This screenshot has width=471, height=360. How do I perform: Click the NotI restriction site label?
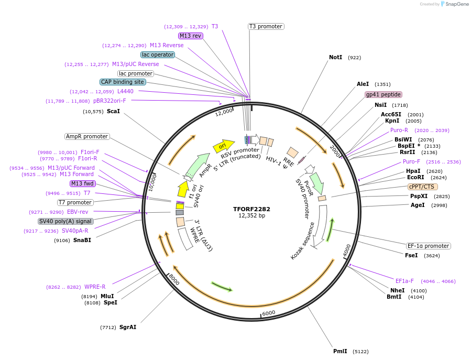coord(335,57)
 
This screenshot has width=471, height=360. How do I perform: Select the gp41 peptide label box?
coord(384,95)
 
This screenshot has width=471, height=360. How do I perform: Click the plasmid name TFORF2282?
coord(252,209)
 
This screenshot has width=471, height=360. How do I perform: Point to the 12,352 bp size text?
coord(252,215)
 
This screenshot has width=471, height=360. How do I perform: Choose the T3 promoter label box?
coord(266,26)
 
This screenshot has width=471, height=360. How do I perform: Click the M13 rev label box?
coord(190,36)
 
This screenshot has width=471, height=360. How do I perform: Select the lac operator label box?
coord(158,54)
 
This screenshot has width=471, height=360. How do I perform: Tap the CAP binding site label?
coord(123,82)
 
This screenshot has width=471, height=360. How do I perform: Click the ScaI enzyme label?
coord(113,111)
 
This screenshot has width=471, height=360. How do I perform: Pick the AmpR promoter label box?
coord(87,136)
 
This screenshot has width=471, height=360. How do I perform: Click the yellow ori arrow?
coord(223,146)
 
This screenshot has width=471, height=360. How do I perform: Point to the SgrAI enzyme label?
coord(128,327)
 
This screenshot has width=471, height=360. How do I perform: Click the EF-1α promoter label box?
coord(428,246)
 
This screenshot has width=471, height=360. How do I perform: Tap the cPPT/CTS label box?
coord(422,187)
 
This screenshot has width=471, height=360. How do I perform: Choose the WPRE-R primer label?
coord(95,287)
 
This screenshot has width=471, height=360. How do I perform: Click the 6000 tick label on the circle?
coord(268,313)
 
